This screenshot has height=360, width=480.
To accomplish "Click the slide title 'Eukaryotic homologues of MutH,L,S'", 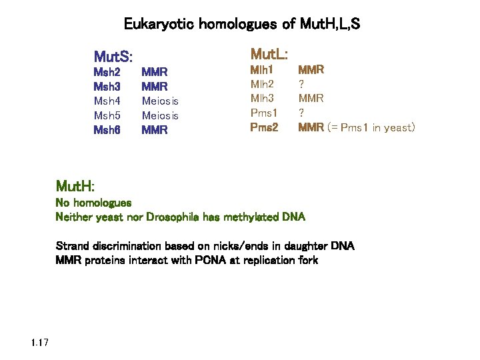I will [x=242, y=25].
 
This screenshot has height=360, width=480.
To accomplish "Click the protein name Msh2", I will [x=107, y=72].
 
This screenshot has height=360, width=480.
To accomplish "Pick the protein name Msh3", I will [x=107, y=87].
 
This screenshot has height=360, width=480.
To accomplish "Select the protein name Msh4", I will [x=107, y=101].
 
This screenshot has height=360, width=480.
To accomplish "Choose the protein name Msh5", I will [x=107, y=116].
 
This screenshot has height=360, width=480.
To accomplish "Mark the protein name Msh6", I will [x=107, y=131].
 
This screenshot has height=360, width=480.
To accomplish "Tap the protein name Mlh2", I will [x=262, y=84].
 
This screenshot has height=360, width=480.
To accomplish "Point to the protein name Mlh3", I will [x=262, y=99].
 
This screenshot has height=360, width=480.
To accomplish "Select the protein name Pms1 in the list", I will [x=263, y=113].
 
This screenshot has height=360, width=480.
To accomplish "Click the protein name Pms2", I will [x=263, y=127].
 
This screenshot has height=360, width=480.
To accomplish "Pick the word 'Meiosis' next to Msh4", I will [x=160, y=101].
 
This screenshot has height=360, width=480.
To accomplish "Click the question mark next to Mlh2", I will [x=301, y=84].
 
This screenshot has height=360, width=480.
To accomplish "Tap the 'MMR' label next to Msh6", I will [x=155, y=131].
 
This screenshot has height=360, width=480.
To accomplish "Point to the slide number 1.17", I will [x=39, y=343].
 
